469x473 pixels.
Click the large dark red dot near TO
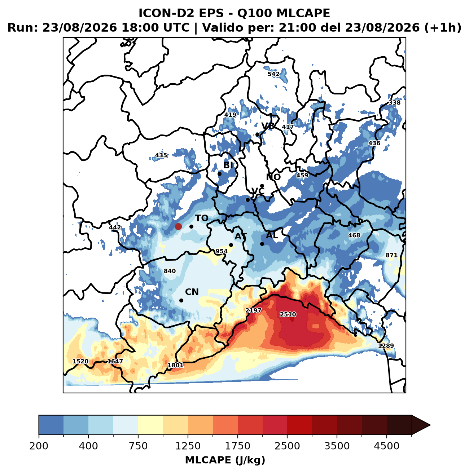178,226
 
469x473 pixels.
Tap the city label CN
192,292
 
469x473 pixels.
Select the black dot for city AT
231,245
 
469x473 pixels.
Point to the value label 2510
288,314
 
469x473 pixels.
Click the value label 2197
253,310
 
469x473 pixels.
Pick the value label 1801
175,365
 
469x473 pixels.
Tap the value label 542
273,74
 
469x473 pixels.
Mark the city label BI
228,165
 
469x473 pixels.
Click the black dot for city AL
262,244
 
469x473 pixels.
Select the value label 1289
386,346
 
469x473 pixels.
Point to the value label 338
394,102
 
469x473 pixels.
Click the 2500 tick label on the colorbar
287,446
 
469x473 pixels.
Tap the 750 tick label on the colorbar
138,446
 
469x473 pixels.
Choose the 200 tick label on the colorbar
39,446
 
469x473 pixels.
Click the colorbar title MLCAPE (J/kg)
225,460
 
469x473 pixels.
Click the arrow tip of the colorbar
430,425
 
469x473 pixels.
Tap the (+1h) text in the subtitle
443,27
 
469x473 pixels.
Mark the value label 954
222,251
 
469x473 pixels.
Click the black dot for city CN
181,300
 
